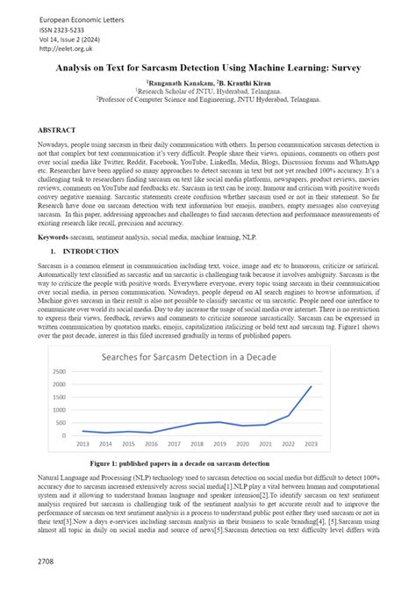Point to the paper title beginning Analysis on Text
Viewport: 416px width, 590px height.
(208, 67)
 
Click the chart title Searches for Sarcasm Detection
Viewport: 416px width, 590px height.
(208, 357)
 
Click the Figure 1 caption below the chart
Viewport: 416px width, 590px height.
(208, 463)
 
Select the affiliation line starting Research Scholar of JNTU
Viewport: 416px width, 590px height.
(208, 91)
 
